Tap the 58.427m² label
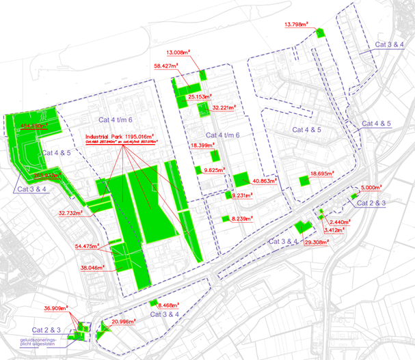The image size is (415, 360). pos(168,66)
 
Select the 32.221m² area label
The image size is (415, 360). pos(226,108)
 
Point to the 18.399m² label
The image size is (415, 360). pos(204,146)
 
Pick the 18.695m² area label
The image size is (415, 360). pos(323,174)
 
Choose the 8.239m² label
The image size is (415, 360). pos(242,219)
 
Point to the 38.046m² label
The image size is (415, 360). pos(95,268)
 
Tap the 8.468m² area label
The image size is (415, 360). pos(168,305)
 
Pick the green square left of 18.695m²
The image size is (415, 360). pos(304,180)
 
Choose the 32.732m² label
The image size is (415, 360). pos(71,213)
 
